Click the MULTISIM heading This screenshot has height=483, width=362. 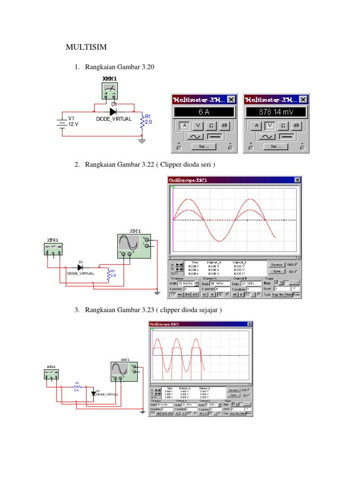(86, 47)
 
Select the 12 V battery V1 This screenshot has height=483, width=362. (61, 122)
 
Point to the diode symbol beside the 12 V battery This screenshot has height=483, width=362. (113, 112)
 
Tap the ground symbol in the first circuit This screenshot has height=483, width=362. (141, 140)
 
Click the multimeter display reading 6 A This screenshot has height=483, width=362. (204, 112)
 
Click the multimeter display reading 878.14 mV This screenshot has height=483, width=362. (276, 112)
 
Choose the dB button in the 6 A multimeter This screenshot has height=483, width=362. (224, 125)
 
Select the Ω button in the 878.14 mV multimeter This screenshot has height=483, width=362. (283, 125)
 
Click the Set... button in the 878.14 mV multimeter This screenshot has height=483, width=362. (276, 147)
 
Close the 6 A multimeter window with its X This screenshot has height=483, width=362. (231, 100)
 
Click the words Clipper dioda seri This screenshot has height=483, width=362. (187, 164)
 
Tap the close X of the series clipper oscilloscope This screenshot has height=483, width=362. (297, 180)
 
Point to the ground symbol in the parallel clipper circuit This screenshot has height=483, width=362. (142, 411)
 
